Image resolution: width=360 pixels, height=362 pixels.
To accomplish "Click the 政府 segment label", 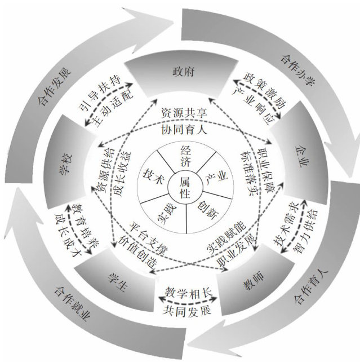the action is (x=180, y=72).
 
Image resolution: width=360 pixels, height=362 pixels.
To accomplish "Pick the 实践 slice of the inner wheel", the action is (x=163, y=211).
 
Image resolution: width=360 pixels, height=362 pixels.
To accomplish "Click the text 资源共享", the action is (x=184, y=113).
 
